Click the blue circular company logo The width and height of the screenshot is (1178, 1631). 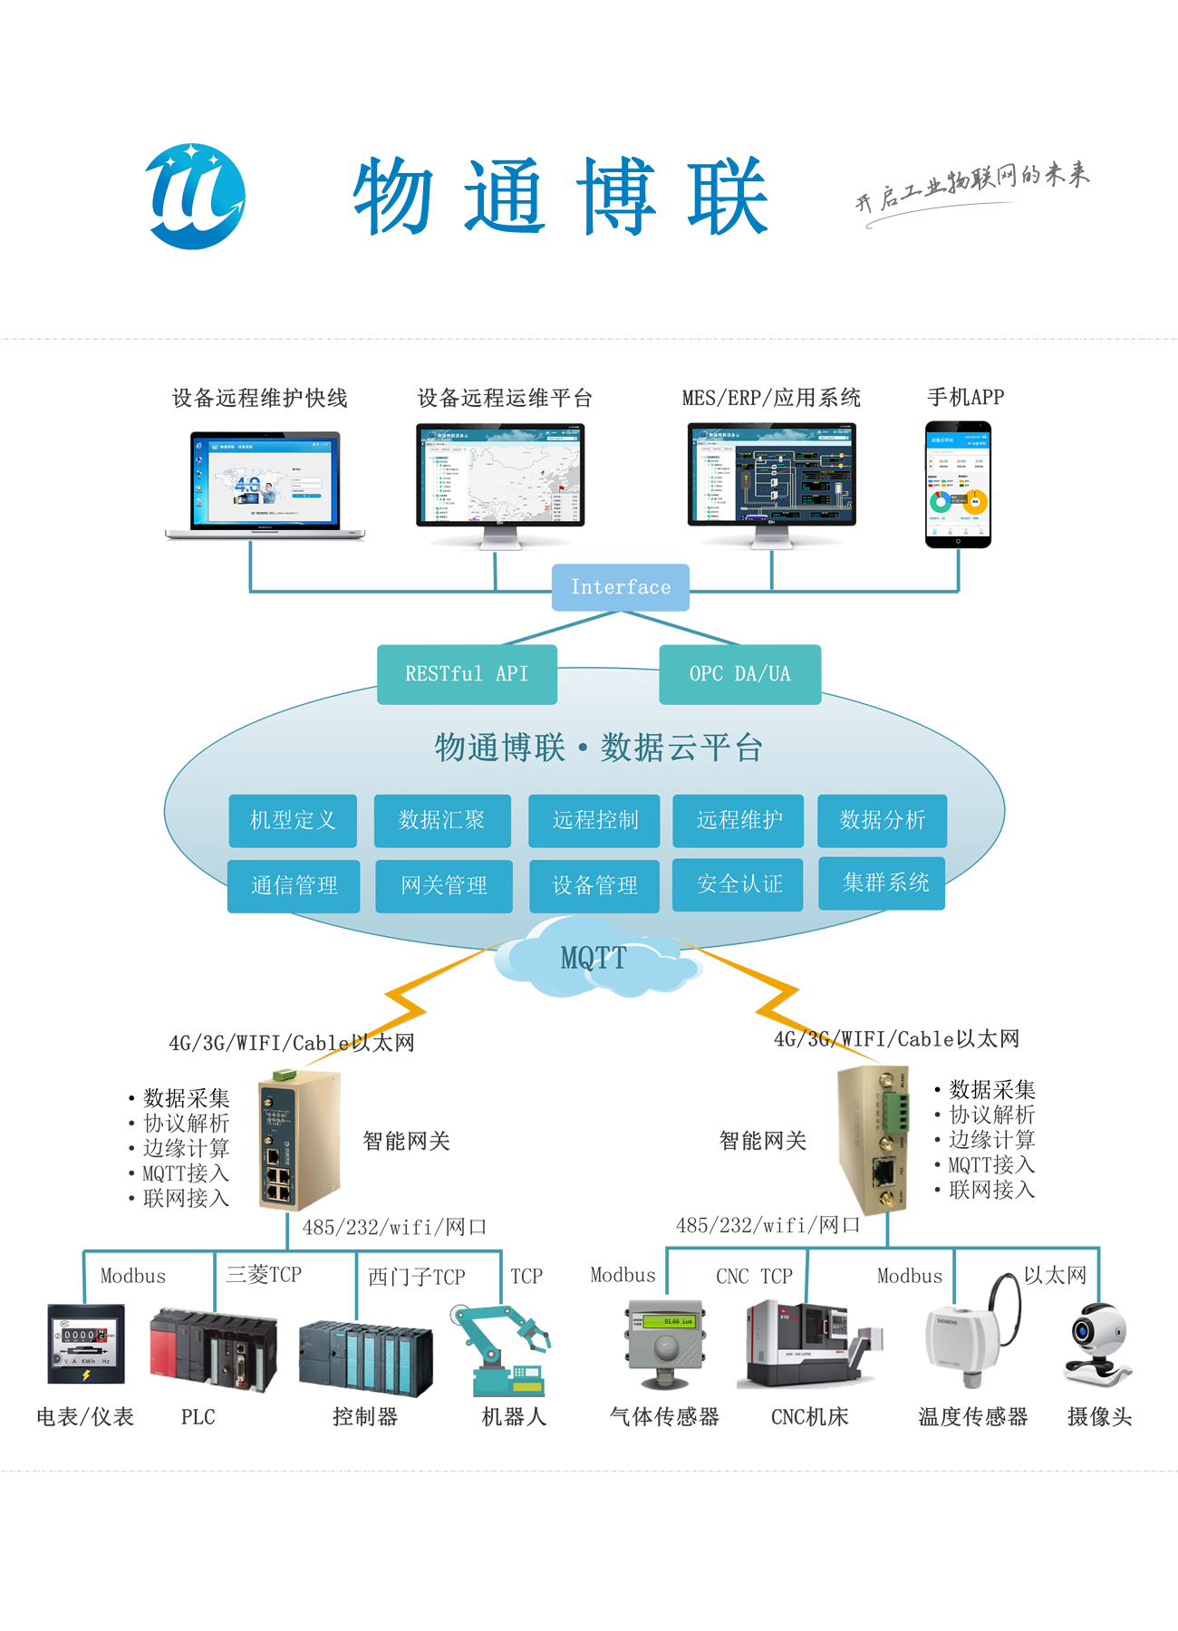coord(195,197)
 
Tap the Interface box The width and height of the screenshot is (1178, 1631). coord(621,587)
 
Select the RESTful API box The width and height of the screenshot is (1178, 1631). coord(467,674)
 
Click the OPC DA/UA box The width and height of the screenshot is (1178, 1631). coord(739,674)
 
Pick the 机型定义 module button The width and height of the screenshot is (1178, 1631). coord(293,821)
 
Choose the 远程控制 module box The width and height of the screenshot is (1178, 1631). coord(594,821)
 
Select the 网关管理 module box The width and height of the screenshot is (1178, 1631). coord(444,886)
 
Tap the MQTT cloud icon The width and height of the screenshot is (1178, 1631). coord(594,960)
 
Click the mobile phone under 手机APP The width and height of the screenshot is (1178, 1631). coord(958,485)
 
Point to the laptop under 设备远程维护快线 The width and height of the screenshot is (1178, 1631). coord(265,485)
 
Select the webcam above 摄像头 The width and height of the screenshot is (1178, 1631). coord(1096,1346)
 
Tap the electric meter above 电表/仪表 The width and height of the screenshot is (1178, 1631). coord(86,1344)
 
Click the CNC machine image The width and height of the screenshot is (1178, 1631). coord(806,1346)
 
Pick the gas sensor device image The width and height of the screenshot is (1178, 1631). coord(666,1344)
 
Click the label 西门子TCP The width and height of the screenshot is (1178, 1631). coord(416,1278)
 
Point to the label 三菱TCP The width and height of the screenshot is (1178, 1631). coord(264,1275)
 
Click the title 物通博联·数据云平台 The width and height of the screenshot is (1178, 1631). coord(598,748)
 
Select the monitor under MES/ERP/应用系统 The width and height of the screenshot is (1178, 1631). coord(771,480)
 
